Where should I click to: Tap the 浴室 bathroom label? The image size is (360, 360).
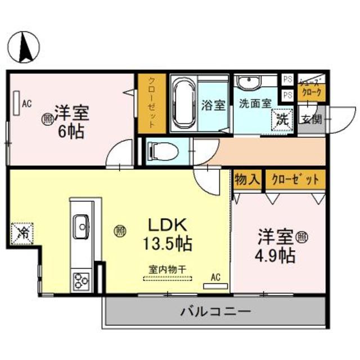coord(213,105)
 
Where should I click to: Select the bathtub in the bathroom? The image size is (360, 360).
coord(182,105)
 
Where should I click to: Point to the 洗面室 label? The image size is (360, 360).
coord(255,104)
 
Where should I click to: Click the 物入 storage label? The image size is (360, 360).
coord(247,180)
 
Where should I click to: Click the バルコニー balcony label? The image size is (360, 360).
coord(215,310)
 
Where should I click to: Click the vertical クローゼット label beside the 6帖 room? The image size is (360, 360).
coord(152,103)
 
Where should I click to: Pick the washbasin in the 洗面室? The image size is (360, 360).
coord(248,84)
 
